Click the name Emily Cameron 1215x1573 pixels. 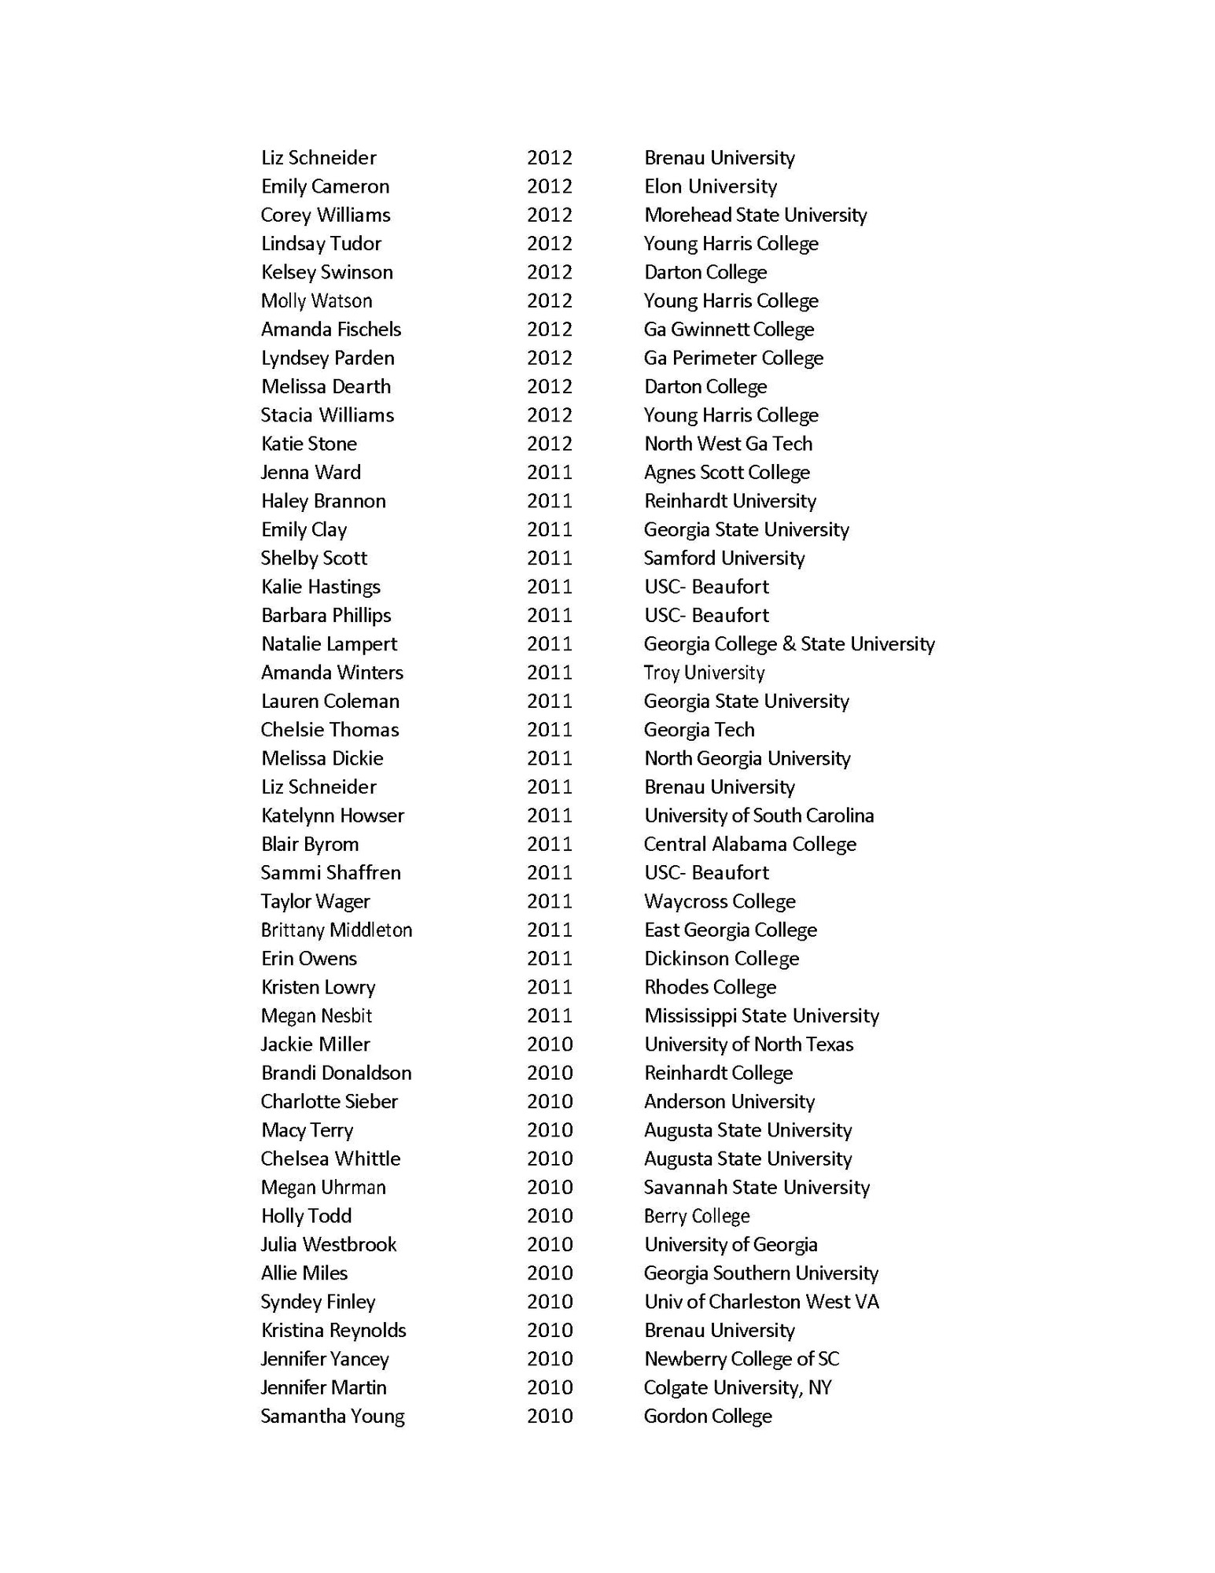(325, 186)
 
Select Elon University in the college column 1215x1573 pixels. (710, 186)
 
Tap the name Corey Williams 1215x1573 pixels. (326, 215)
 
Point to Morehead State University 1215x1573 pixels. (755, 215)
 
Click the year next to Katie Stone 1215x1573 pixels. (549, 444)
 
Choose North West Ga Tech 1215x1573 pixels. (727, 444)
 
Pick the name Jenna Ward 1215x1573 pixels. (311, 472)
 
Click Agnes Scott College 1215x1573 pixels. (727, 472)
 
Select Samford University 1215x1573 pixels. (723, 558)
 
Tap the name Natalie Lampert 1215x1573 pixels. (329, 644)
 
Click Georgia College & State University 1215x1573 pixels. (789, 644)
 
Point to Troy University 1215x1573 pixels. (704, 672)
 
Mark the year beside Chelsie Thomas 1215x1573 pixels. (549, 730)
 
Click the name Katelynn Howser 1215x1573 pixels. (332, 816)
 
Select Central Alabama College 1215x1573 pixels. (749, 844)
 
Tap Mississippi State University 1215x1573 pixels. (761, 1015)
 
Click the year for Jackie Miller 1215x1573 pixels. (549, 1044)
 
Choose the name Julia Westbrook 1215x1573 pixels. (329, 1244)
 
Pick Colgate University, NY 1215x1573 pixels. (737, 1387)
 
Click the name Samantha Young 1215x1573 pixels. (333, 1416)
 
